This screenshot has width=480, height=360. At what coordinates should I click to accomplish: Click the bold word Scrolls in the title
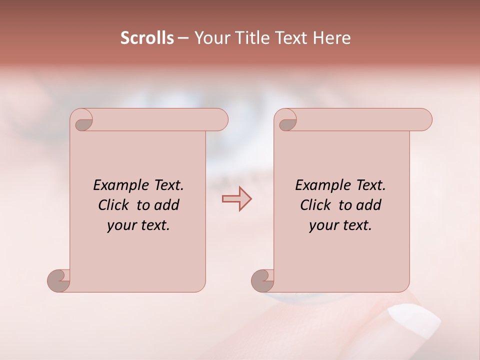coord(147,38)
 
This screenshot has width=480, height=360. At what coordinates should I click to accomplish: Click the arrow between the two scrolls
coord(236,199)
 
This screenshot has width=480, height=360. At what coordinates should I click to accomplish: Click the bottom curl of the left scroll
coord(59,280)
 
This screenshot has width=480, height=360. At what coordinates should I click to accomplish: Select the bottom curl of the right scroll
coord(263,280)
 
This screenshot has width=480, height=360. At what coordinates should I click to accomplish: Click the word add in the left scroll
coord(167,205)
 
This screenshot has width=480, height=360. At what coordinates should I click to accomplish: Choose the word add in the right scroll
coord(369,205)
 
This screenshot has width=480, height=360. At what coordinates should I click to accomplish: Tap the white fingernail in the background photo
coord(414,320)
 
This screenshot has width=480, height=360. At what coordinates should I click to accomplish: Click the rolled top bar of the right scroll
coord(360,120)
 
